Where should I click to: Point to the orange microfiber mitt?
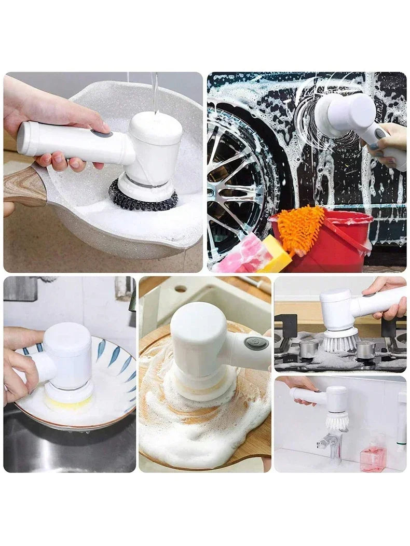coord(300,228)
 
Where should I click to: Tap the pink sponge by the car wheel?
coord(242,254)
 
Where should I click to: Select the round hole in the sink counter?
coord(181,288)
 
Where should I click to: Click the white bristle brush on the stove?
coord(340,341)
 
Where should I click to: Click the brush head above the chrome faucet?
coord(337,419)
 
